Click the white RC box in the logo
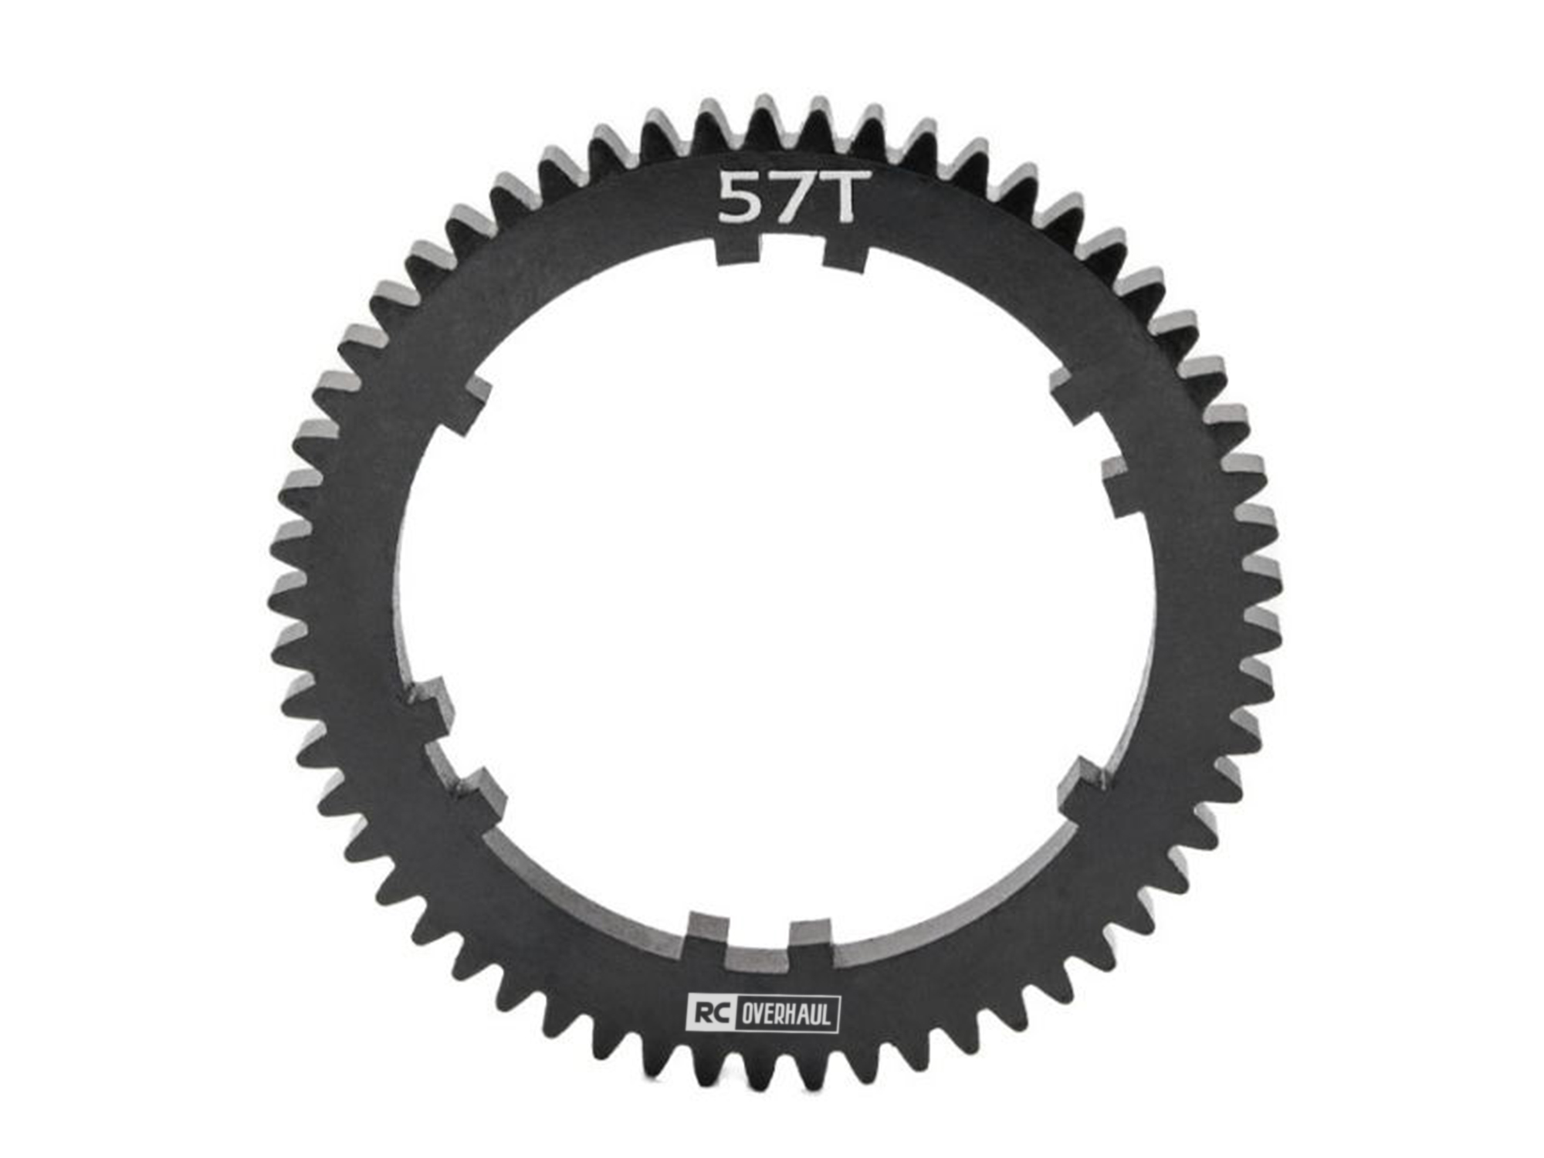coord(711,1013)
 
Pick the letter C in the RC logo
coord(720,1013)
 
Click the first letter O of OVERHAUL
coord(746,1014)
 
